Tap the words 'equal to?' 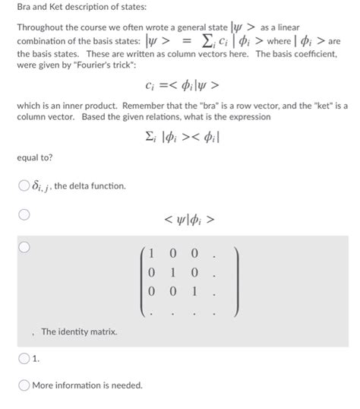pos(31,160)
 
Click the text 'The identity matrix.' pos(79,332)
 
